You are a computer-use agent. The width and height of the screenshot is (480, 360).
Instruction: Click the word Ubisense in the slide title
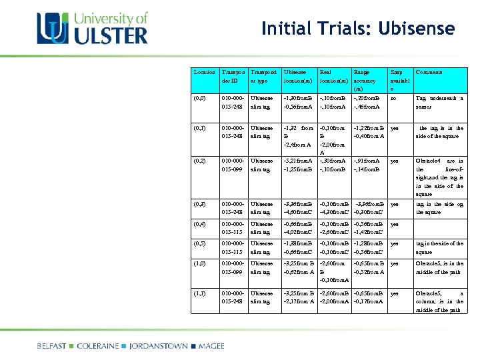(416, 29)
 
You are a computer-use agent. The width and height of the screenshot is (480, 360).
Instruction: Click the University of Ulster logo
(93, 28)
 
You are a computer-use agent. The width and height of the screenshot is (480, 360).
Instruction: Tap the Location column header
(205, 72)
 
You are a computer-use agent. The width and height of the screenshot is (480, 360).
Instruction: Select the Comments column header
(429, 72)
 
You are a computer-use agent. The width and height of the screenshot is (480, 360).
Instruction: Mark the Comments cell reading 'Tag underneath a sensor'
(439, 102)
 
